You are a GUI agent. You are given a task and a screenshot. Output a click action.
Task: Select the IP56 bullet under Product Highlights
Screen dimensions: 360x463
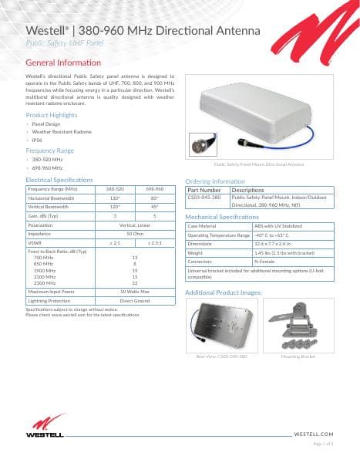coord(36,140)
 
